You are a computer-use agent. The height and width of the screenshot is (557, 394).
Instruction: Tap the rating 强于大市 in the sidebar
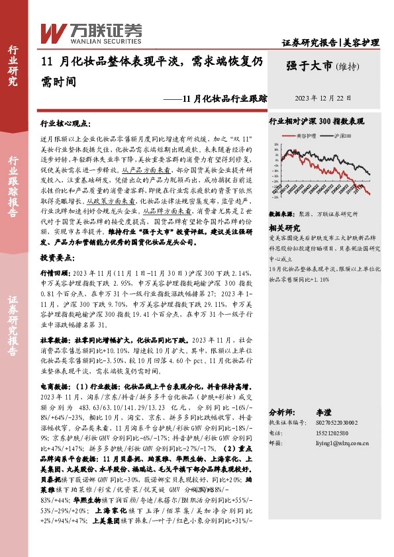(x=309, y=65)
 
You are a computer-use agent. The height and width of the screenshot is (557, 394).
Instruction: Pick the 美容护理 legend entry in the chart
(x=305, y=136)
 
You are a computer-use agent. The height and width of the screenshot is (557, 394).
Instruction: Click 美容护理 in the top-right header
(x=361, y=42)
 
